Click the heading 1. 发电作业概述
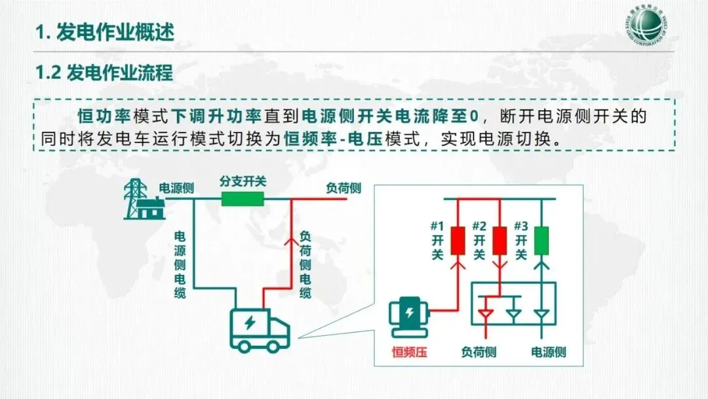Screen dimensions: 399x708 (x=105, y=32)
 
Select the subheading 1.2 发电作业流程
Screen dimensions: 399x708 (x=104, y=73)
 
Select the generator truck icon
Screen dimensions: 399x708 (x=260, y=326)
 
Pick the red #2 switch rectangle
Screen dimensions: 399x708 (x=500, y=240)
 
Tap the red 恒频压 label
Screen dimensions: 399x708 (x=410, y=352)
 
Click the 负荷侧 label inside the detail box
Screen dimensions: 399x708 (x=479, y=352)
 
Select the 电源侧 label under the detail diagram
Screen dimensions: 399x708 (x=548, y=352)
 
